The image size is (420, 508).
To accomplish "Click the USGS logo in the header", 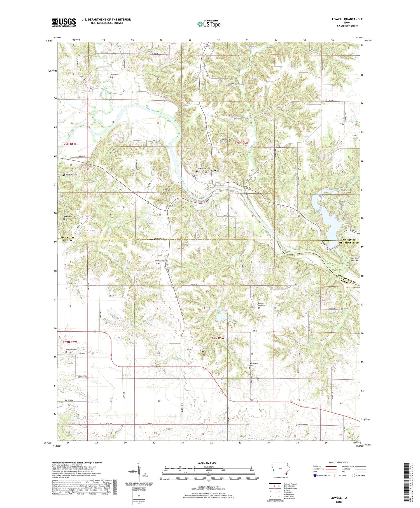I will click(x=64, y=22).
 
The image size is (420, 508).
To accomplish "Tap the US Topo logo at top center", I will click(x=209, y=24).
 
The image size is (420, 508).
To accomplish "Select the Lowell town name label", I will click(x=215, y=171).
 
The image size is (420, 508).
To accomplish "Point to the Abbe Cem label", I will click(x=115, y=75).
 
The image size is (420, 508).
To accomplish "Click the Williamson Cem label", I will click(x=253, y=364).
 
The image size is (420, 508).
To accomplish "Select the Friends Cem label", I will click(x=71, y=349).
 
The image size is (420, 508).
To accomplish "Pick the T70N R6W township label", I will click(x=69, y=144).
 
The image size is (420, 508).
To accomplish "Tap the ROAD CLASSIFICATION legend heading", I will click(x=339, y=462).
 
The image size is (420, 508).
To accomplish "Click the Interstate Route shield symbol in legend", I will click(x=315, y=475).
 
